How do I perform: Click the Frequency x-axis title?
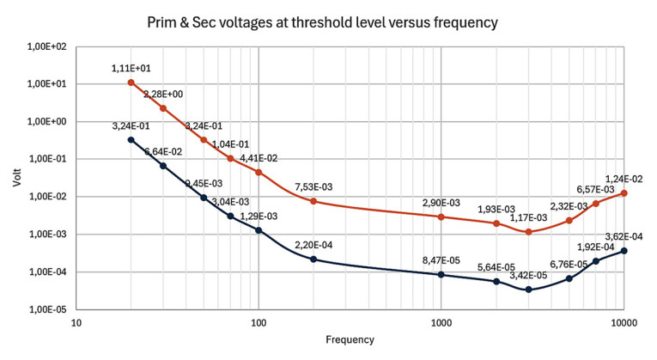[x=350, y=339]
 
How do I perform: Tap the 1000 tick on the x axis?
[x=441, y=322]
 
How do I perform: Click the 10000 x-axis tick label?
[x=623, y=322]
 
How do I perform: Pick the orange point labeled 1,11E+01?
[x=131, y=82]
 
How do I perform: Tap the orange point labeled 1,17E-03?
[x=528, y=232]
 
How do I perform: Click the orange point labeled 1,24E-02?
[x=624, y=193]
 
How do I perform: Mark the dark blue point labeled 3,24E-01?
[x=131, y=139]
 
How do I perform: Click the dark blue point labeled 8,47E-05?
[x=441, y=275]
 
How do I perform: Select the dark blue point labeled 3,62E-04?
[x=624, y=251]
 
